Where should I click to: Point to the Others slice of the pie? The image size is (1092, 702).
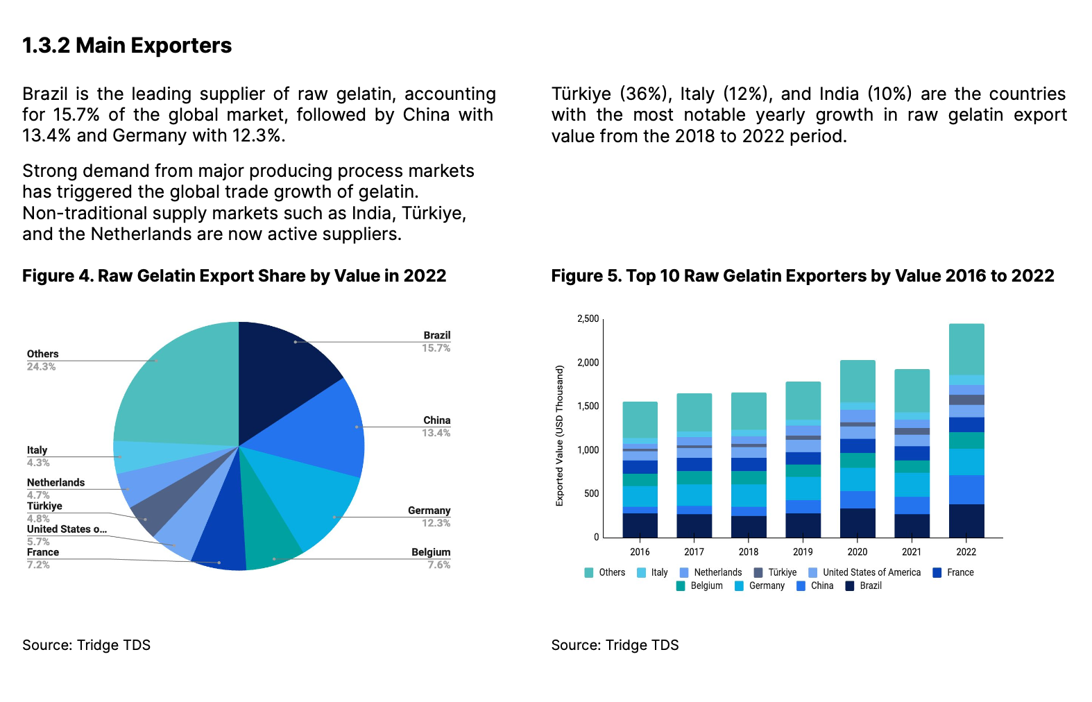point(180,388)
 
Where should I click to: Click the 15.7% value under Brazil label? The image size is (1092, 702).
point(436,348)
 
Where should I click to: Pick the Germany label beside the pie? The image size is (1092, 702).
point(429,511)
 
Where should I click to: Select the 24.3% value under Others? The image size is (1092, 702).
point(41,367)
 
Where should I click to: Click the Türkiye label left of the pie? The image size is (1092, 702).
point(44,506)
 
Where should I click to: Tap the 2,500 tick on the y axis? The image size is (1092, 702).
point(588,319)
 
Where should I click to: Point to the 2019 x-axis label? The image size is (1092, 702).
point(803,552)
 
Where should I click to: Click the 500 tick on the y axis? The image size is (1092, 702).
point(591,494)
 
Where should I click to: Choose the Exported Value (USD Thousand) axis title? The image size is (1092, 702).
point(559,436)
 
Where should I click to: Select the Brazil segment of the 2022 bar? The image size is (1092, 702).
point(966,520)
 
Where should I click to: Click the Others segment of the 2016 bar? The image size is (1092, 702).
point(640,420)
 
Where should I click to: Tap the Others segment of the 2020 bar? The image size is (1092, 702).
point(858,381)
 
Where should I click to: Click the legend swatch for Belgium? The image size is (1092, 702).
point(681,586)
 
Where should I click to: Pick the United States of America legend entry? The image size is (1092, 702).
point(871,573)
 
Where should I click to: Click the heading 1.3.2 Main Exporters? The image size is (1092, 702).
point(127,46)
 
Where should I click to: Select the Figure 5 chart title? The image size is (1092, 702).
point(803,276)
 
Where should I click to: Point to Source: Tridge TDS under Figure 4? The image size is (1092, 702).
point(86,645)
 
